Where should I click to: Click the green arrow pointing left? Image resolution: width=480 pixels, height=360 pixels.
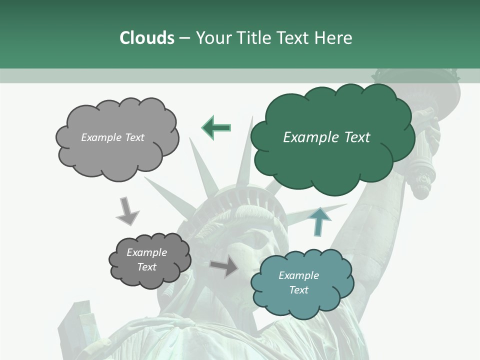click(216, 127)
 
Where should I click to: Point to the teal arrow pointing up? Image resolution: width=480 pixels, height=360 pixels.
click(320, 221)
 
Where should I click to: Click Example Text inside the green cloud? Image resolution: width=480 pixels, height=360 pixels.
click(326, 137)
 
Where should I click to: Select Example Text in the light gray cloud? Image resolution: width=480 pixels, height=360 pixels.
click(112, 137)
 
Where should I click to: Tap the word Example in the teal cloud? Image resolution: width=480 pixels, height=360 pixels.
click(298, 275)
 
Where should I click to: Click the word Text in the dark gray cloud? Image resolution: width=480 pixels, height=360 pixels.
click(146, 267)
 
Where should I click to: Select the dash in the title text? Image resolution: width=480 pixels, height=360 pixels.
click(184, 38)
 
